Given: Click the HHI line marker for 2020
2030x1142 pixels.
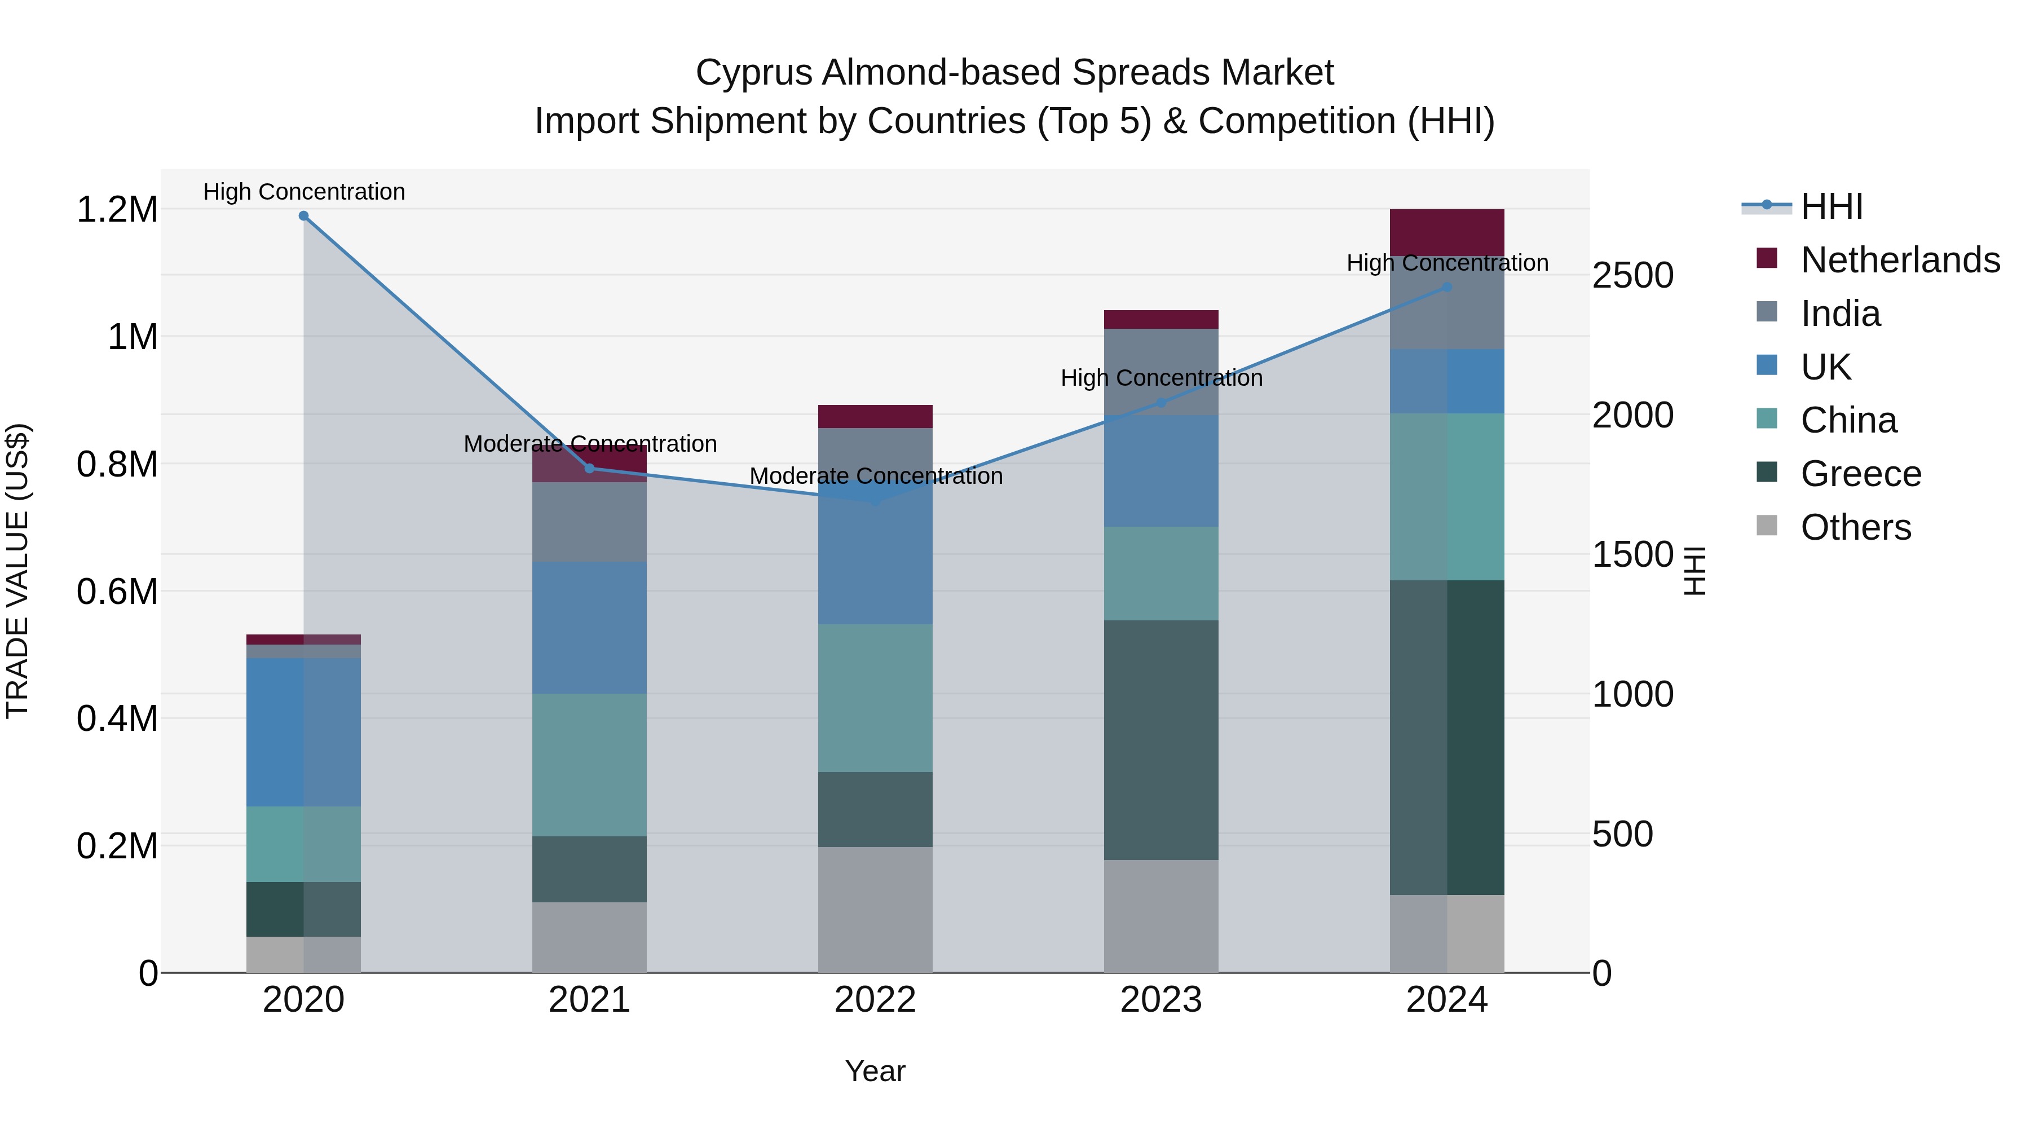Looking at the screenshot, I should pos(303,216).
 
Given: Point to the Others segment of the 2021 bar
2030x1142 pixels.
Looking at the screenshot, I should pos(589,937).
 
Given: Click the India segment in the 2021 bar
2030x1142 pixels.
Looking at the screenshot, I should pos(589,522).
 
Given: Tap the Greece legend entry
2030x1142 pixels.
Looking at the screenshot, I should pos(1860,474).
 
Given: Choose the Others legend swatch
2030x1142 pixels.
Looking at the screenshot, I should pos(1767,526).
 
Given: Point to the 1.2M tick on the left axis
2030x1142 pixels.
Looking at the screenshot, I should pos(117,210).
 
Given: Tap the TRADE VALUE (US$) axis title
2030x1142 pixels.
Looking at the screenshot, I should pos(17,571).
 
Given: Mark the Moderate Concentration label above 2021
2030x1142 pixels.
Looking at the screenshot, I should pos(589,444).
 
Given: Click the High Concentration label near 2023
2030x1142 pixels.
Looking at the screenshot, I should pos(1161,378).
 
